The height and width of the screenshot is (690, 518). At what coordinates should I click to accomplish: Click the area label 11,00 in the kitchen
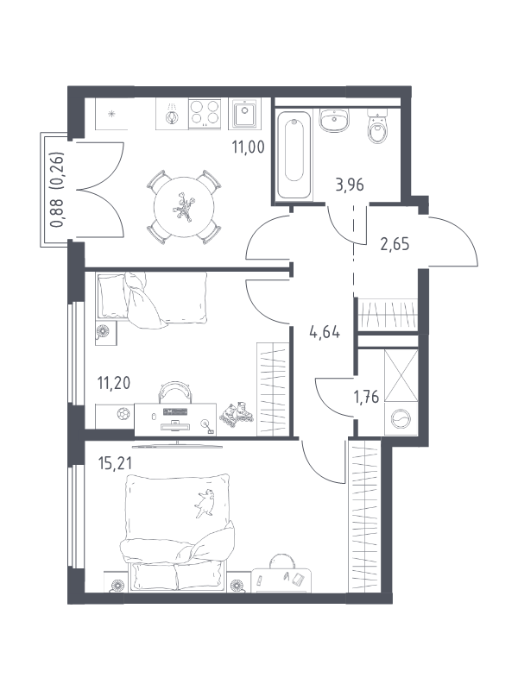[248, 147]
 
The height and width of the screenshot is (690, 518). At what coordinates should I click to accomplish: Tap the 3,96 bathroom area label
[350, 185]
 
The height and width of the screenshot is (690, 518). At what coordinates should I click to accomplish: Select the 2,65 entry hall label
[395, 244]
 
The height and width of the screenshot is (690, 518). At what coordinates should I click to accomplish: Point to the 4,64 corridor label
[325, 332]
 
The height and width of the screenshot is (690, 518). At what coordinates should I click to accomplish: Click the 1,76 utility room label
[366, 397]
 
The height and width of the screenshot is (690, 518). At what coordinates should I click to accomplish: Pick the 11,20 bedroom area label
[114, 383]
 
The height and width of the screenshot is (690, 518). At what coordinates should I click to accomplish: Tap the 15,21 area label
[115, 463]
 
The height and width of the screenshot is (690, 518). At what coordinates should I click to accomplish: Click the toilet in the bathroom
[376, 127]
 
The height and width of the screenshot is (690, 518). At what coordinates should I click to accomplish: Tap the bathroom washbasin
[334, 120]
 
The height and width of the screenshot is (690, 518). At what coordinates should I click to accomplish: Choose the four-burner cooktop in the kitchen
[205, 113]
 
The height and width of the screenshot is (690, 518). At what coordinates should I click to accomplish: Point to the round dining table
[184, 207]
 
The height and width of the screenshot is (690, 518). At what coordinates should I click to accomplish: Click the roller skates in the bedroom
[236, 414]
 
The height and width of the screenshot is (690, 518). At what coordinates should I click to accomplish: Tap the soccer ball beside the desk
[123, 414]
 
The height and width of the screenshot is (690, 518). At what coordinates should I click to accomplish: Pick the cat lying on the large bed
[205, 502]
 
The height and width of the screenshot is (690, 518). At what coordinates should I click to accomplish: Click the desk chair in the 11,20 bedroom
[175, 392]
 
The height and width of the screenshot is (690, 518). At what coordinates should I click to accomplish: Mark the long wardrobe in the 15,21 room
[363, 516]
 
